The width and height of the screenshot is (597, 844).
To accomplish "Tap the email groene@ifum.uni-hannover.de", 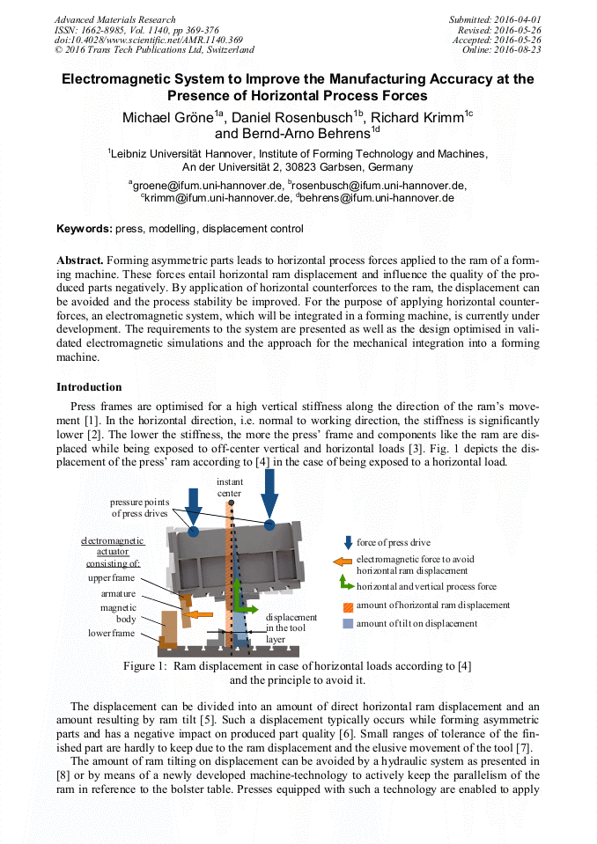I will tap(206, 185).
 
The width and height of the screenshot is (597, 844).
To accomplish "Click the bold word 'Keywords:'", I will tap(84, 229).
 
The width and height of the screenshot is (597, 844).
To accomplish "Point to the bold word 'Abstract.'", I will tap(80, 261).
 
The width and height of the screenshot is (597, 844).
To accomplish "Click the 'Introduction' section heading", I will tap(89, 387).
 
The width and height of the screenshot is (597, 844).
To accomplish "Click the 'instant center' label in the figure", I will tap(230, 487).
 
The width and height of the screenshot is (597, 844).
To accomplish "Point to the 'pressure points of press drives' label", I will tap(139, 508).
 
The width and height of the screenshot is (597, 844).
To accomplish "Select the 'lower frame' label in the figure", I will tap(111, 633).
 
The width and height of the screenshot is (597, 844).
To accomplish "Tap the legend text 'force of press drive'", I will tap(394, 542).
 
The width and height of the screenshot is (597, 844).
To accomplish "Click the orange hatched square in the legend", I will tap(348, 605).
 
